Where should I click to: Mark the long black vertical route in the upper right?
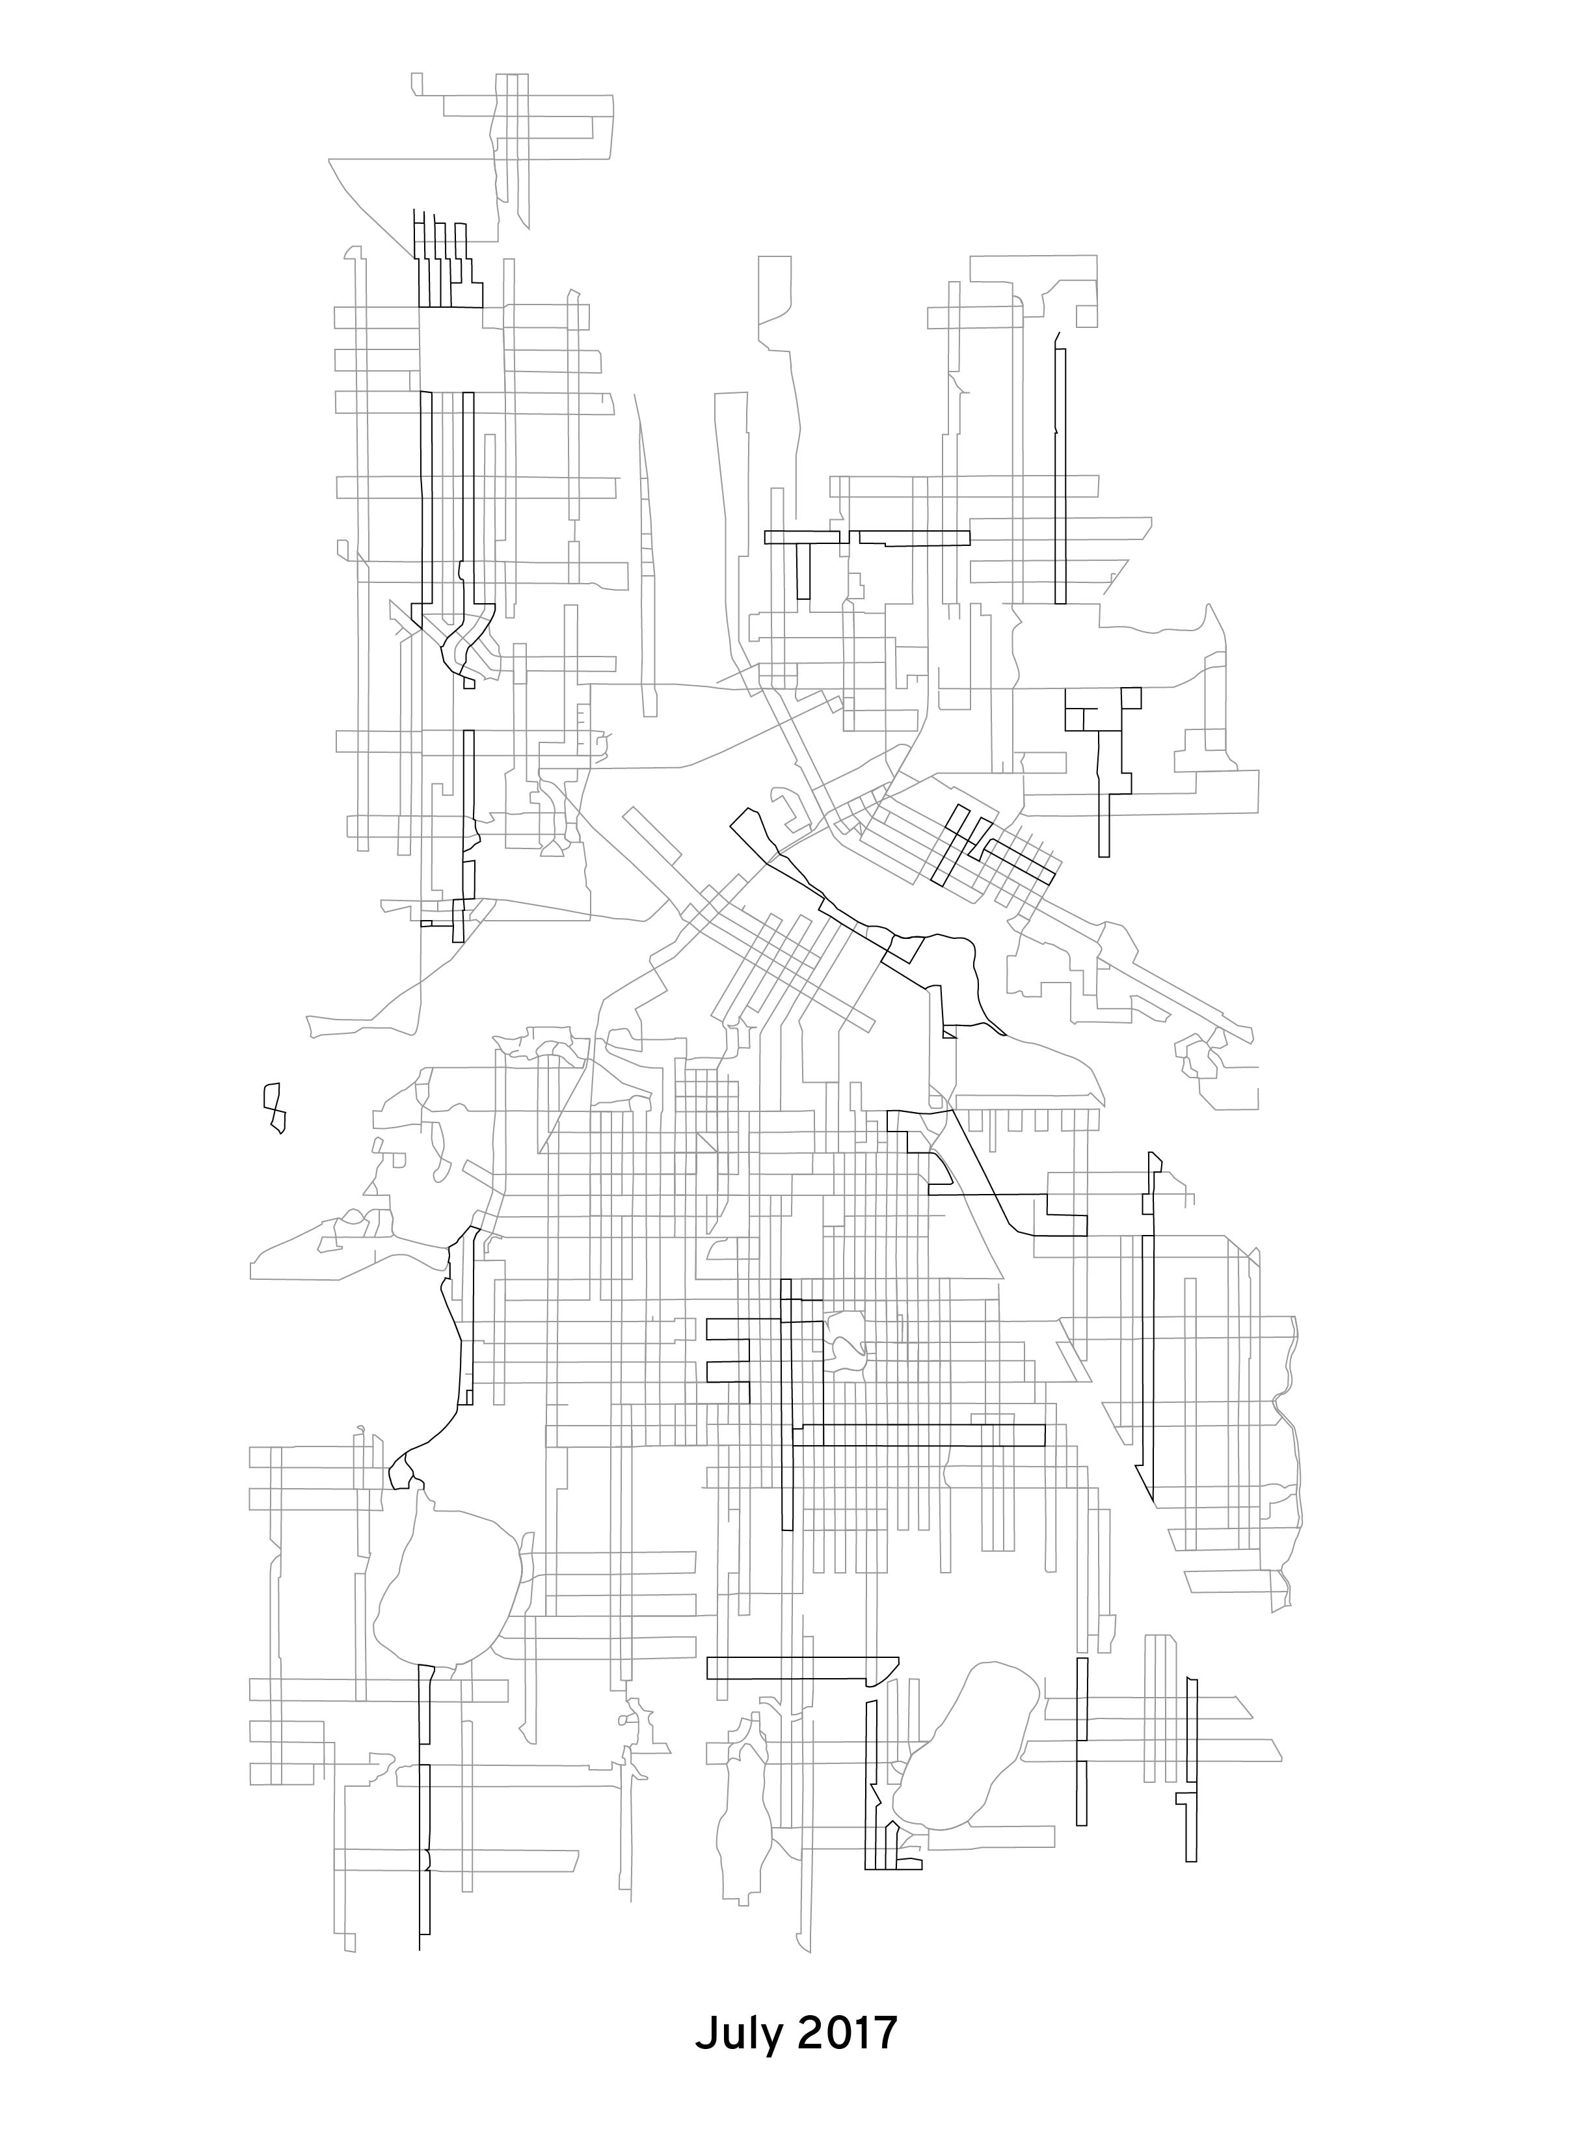(1061, 472)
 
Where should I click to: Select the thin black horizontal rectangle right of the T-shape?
(911, 538)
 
